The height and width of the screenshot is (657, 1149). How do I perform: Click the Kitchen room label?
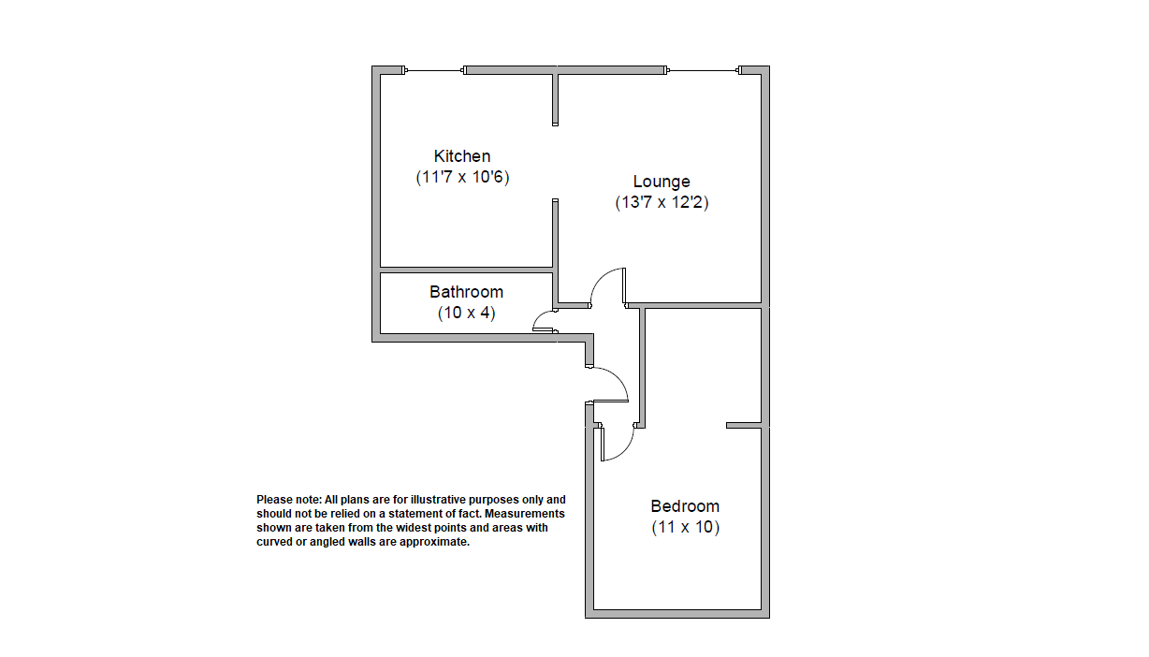coord(462,156)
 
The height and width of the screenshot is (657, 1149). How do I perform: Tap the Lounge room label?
coord(662,181)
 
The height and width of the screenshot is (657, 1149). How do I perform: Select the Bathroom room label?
coord(466,292)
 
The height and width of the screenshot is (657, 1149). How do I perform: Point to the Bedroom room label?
coord(685,506)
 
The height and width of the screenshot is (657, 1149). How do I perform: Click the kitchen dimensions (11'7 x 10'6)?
coord(462,177)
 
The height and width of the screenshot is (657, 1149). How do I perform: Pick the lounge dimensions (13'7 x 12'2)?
coord(662,202)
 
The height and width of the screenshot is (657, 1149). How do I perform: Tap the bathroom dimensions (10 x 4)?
coord(467,313)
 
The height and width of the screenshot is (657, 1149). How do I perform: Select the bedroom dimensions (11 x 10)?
coord(686,527)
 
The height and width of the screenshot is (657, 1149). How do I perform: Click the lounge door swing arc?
coord(600,279)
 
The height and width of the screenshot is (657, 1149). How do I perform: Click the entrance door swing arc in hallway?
coord(618,378)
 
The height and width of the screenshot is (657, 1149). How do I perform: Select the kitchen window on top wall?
coord(434,70)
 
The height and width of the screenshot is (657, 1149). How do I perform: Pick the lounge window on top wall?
coord(703,70)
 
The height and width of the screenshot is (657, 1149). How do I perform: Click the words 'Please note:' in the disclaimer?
coord(289,500)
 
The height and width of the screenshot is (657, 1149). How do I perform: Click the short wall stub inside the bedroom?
coord(744,425)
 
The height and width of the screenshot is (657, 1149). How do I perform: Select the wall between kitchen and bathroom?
coord(466,270)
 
